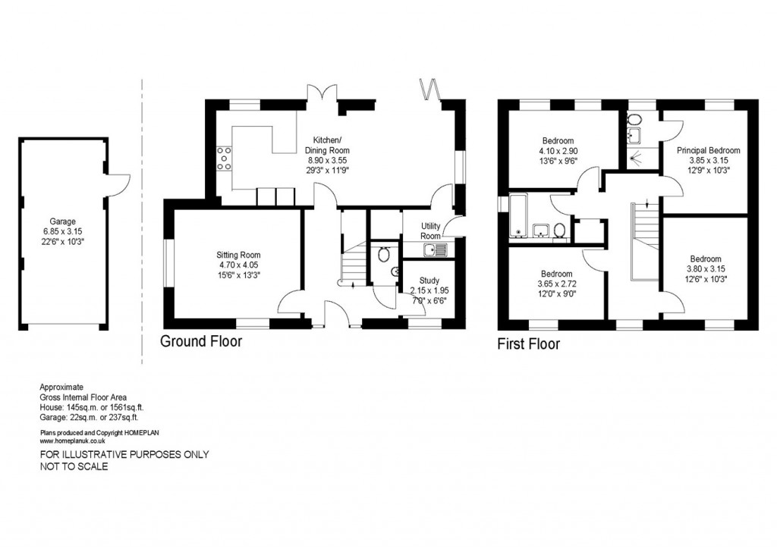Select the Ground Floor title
201,342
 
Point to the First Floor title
528,344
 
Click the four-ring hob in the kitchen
225,159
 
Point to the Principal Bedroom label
708,150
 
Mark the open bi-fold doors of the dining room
431,89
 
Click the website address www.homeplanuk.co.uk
72,440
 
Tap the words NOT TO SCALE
74,467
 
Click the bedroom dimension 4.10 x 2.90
558,151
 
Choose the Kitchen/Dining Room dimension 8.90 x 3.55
328,160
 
